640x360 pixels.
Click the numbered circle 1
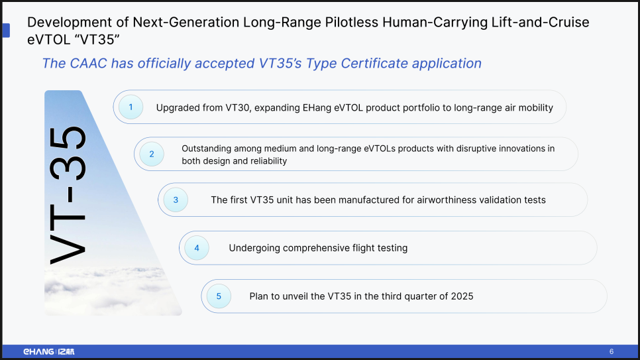click(x=131, y=107)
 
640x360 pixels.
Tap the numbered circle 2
click(x=152, y=154)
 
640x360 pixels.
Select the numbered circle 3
click(x=176, y=200)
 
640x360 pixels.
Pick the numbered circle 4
click(x=197, y=248)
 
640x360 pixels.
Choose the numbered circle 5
click(x=219, y=296)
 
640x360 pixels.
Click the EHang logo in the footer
click(x=49, y=351)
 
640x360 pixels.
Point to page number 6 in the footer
click(x=612, y=351)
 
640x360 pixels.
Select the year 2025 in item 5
click(x=462, y=296)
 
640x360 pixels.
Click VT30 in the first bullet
click(x=238, y=107)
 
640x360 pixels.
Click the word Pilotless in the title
click(x=351, y=22)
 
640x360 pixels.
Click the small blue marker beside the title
click(x=6, y=30)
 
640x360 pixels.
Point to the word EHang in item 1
click(x=317, y=107)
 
